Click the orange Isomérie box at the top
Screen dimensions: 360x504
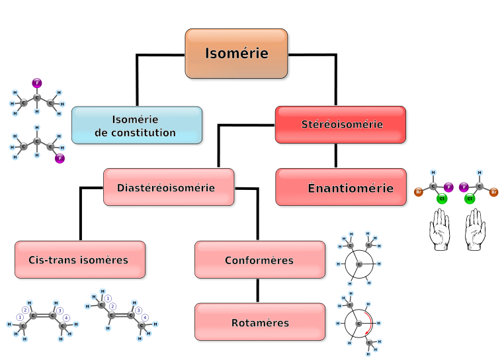[237, 54]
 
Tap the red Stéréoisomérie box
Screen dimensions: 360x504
[341, 124]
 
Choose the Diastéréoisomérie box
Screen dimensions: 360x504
[169, 187]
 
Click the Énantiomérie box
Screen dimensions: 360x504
[341, 188]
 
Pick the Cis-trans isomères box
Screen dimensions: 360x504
[79, 260]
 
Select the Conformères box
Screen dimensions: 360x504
[259, 260]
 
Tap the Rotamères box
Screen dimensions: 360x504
[260, 323]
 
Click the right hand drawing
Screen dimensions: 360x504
[474, 230]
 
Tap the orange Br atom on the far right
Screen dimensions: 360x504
[494, 192]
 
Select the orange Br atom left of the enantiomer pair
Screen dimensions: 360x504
[419, 192]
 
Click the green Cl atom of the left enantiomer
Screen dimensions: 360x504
[442, 198]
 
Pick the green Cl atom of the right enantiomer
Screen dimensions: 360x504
[470, 198]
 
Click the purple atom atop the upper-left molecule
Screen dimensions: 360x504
[37, 83]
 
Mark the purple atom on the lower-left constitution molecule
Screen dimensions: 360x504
[60, 158]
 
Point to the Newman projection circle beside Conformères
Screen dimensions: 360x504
[359, 264]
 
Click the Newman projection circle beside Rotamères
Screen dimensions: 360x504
[359, 324]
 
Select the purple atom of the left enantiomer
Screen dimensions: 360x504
[448, 187]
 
